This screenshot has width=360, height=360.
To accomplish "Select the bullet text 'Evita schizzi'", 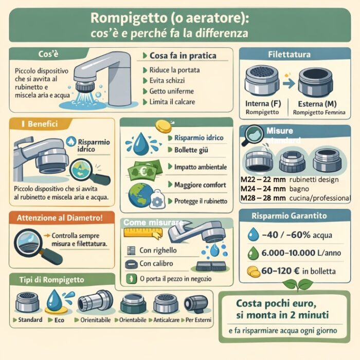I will [167, 80].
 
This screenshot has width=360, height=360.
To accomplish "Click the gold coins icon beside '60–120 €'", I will [253, 271].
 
